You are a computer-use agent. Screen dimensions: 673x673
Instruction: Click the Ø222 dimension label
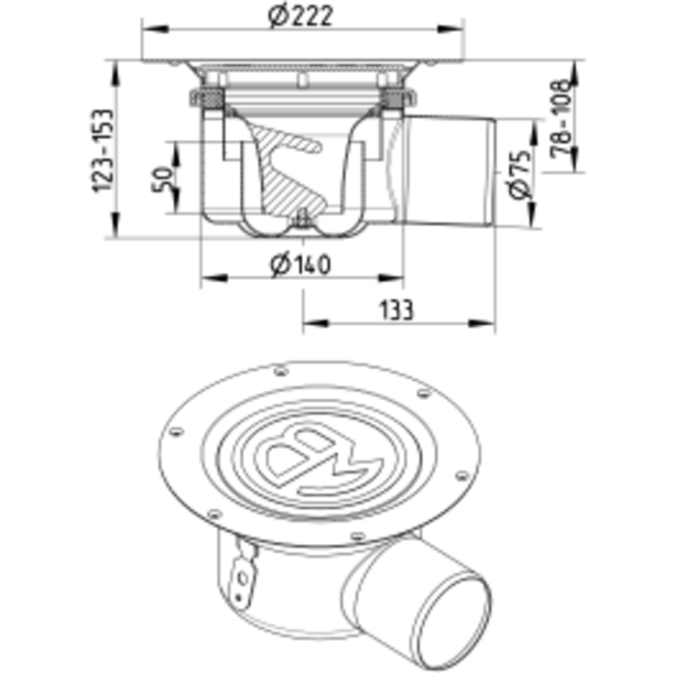click(x=300, y=16)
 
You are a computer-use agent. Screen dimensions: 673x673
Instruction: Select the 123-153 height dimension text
click(x=104, y=151)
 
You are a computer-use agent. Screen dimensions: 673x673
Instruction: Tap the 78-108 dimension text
click(x=562, y=117)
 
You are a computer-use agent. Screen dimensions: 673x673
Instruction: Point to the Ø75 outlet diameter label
click(x=520, y=175)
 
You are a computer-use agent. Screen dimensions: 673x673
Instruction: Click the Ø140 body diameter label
click(x=300, y=264)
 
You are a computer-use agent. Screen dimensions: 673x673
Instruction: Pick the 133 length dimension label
click(x=397, y=309)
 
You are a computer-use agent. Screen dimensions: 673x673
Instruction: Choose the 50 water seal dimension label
click(x=163, y=179)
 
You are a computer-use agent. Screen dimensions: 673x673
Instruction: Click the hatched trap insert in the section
click(x=288, y=172)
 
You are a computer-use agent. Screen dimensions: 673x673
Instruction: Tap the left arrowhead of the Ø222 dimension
click(x=155, y=29)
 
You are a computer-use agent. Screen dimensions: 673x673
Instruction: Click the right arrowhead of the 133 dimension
click(x=482, y=322)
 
